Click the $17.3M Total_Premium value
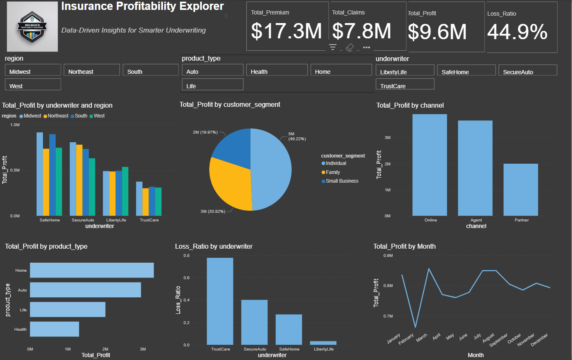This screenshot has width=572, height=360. pyautogui.click(x=286, y=31)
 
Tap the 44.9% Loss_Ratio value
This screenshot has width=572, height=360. pyautogui.click(x=517, y=32)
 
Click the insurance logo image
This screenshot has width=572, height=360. pyautogui.click(x=32, y=26)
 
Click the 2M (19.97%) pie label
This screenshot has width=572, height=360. pyautogui.click(x=205, y=132)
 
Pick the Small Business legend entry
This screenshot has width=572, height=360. pyautogui.click(x=342, y=181)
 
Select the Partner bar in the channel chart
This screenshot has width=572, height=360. pyautogui.click(x=520, y=190)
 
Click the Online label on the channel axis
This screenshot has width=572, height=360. pyautogui.click(x=430, y=220)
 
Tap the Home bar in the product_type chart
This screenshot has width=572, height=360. pyautogui.click(x=92, y=270)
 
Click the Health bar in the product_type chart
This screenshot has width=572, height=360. pyautogui.click(x=54, y=329)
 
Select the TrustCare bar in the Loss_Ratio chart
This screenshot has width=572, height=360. pyautogui.click(x=220, y=301)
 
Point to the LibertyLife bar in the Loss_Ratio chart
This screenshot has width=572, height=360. pyautogui.click(x=323, y=343)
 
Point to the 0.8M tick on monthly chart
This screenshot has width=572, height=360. pyautogui.click(x=388, y=286)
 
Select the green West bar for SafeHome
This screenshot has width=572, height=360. pyautogui.click(x=59, y=181)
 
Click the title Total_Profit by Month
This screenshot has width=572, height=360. pyautogui.click(x=404, y=246)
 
